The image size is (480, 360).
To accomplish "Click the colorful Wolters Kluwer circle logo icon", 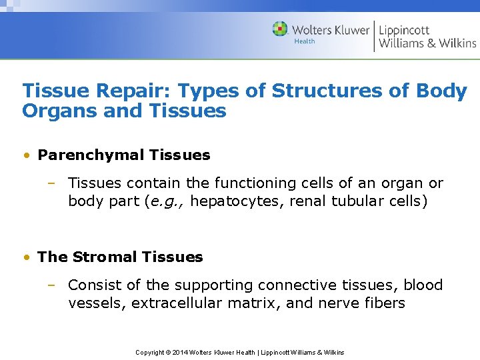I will pos(280,29).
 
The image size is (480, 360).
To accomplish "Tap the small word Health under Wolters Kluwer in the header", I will pos(305,41).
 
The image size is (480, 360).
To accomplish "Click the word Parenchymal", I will pos(91,155).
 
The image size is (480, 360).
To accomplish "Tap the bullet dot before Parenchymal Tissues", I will pos(25,156).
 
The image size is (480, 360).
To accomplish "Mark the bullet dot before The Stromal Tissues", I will pos(25,257).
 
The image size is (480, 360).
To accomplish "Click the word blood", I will pos(423,285).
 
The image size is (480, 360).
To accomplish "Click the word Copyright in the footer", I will pos(150,352).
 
